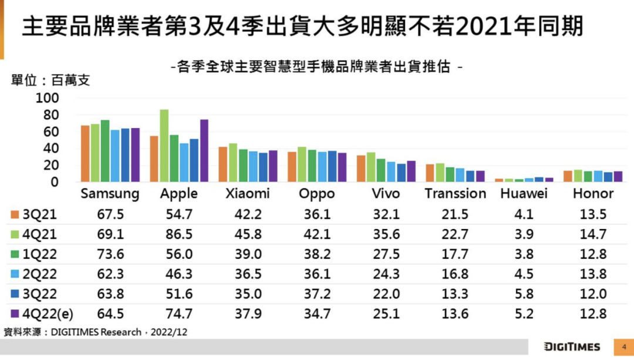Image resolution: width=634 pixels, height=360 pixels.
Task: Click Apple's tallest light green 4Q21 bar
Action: pos(164,146)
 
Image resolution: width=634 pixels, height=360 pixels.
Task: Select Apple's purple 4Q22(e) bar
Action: pos(204,150)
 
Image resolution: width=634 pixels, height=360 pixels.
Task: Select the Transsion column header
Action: pos(455,193)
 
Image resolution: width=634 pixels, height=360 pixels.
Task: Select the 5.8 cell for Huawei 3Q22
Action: pos(524,294)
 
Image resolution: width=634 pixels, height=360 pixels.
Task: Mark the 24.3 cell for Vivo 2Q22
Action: pos(386,274)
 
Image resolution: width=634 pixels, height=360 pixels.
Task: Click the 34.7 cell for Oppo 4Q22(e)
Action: pos(318,314)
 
